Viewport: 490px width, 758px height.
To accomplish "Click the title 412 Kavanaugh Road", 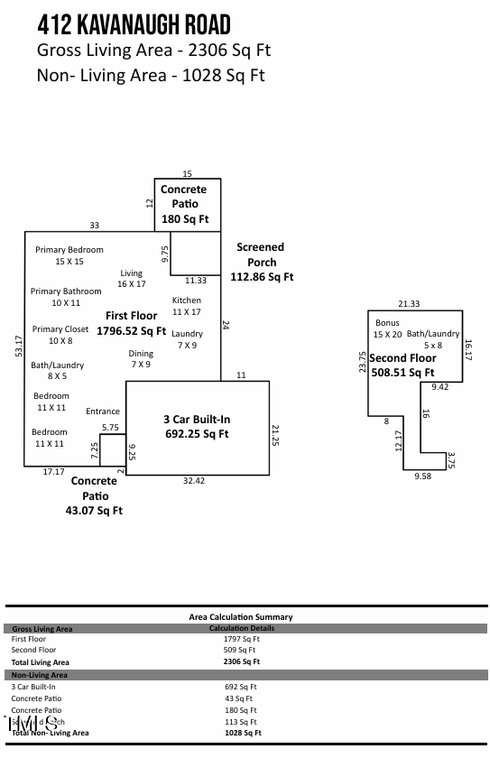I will click(x=134, y=24).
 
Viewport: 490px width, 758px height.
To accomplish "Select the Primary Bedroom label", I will click(x=69, y=250).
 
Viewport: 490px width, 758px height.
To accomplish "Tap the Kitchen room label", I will click(x=187, y=300).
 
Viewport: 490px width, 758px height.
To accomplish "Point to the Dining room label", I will click(x=141, y=354).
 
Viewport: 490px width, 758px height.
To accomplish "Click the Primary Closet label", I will click(x=60, y=329).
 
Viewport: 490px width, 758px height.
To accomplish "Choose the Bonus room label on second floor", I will click(x=387, y=323).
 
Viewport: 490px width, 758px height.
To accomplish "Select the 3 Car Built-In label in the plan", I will click(x=196, y=420).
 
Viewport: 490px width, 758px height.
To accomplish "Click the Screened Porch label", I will click(x=261, y=254).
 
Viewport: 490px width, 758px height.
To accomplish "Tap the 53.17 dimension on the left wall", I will click(x=18, y=347).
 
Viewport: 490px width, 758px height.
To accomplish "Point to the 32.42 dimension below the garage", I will click(x=194, y=481).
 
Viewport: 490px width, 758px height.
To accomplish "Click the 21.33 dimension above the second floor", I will click(x=409, y=304).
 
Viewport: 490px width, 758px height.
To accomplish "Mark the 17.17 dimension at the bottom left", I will click(x=54, y=472).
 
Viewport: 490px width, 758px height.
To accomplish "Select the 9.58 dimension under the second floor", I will click(x=422, y=476).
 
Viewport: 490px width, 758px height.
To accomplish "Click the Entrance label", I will click(x=103, y=411).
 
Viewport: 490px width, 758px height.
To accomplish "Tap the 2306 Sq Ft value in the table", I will click(x=242, y=661).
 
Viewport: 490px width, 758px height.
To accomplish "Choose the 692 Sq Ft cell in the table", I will click(x=240, y=687).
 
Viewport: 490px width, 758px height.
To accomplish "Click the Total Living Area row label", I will click(x=40, y=661).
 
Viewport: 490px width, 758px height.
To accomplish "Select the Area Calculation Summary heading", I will click(x=241, y=617).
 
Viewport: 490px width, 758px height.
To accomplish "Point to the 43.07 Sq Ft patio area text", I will click(x=95, y=511).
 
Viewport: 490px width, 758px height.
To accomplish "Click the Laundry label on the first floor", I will click(x=188, y=334).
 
